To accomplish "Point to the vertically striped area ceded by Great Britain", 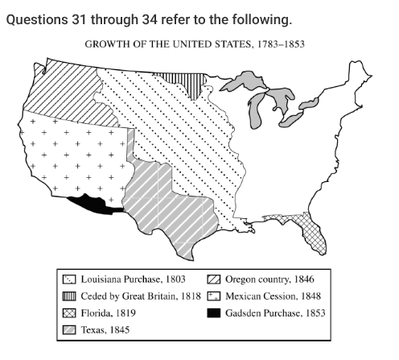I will point(175,81).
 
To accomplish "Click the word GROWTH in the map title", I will point(108,43).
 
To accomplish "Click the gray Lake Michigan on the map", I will point(258,109).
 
